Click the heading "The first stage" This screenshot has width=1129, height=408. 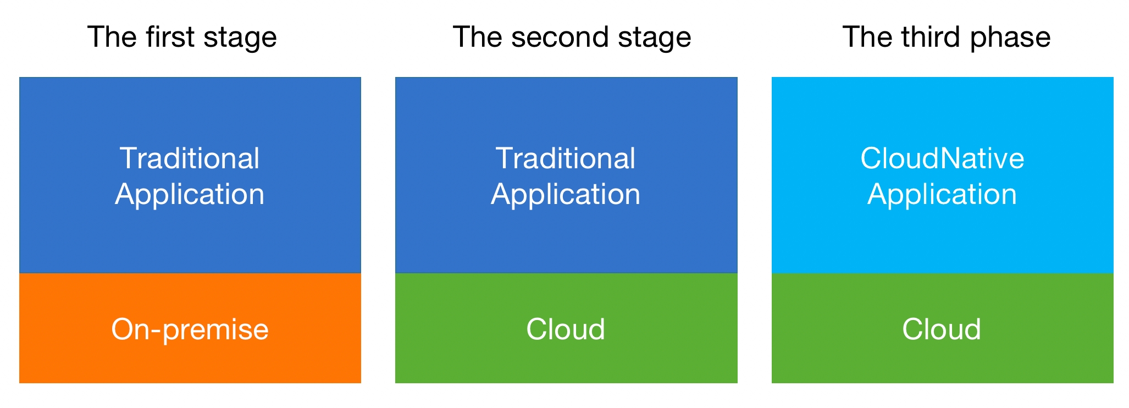click(182, 37)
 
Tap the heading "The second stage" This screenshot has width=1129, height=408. click(572, 37)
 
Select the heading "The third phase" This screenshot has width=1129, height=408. click(946, 37)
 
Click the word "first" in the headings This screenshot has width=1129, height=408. click(170, 37)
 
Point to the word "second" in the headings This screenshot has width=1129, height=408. click(560, 37)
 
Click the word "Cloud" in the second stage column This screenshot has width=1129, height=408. click(566, 329)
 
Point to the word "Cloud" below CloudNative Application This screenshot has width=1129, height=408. click(942, 329)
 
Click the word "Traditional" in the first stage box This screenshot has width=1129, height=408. click(190, 158)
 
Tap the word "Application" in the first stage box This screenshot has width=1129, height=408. click(190, 195)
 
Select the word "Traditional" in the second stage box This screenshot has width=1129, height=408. click(566, 158)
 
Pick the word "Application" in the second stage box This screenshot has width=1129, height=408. click(566, 195)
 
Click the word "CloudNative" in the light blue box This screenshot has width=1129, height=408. click(942, 158)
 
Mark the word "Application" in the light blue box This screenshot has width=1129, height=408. click(942, 195)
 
